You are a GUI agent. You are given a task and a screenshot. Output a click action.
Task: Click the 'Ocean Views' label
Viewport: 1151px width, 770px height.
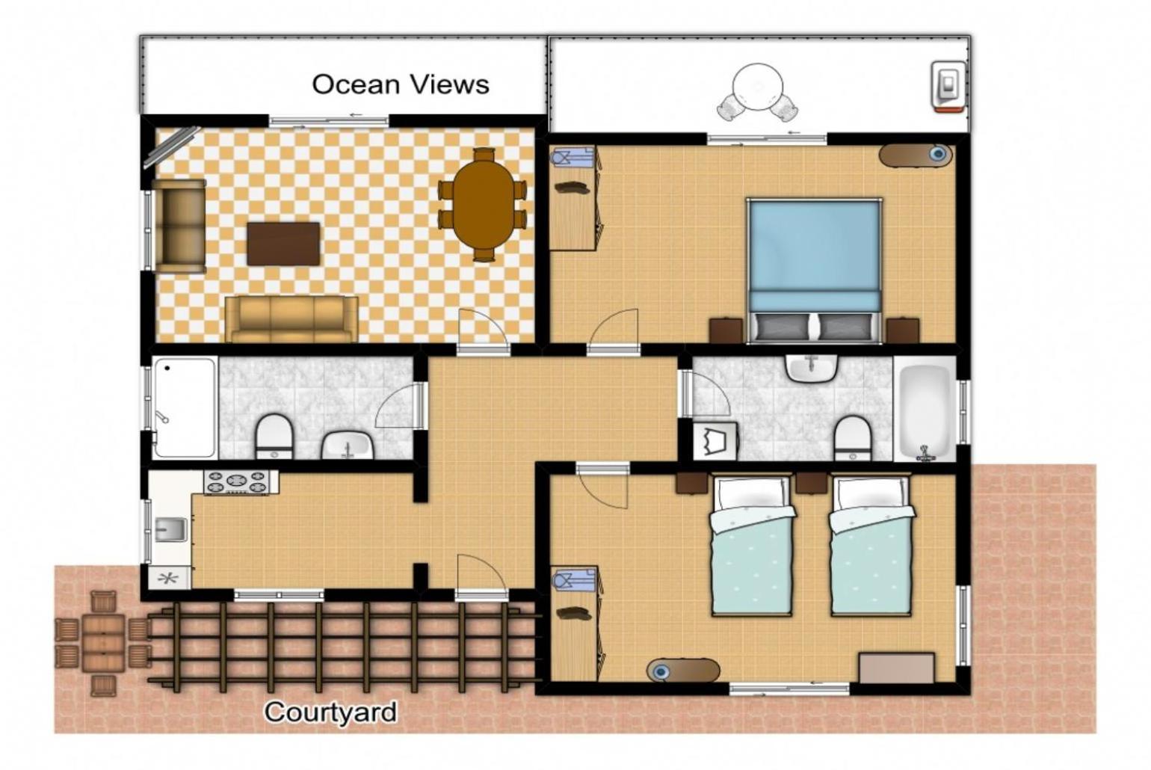point(401,84)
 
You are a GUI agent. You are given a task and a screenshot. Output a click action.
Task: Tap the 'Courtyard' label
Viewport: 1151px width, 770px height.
point(330,712)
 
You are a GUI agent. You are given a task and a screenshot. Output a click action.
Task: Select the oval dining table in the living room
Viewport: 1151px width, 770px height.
point(483,205)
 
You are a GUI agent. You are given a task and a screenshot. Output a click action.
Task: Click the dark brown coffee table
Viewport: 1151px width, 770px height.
point(283,244)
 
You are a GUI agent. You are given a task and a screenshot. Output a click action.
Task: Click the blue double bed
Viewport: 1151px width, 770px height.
point(815,271)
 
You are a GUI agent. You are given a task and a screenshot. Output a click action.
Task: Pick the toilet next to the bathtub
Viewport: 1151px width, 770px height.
point(853,439)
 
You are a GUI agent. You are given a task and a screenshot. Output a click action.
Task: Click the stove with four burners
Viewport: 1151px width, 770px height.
point(236,482)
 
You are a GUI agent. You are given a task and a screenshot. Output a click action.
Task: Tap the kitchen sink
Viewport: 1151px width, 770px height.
point(171,530)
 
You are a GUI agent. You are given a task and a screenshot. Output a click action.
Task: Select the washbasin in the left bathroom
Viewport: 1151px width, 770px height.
point(348,445)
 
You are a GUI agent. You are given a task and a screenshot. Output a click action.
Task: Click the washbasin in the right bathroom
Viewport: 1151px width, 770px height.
point(812,369)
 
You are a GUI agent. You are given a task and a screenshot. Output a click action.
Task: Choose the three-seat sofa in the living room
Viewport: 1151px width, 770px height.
point(291,318)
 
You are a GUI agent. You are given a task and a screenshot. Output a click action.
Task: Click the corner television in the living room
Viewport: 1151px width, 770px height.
point(171,147)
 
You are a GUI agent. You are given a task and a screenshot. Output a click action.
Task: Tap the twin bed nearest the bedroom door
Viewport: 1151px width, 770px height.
point(753,546)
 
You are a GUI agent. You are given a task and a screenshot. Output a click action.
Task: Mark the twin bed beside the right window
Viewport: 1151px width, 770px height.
point(872,546)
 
